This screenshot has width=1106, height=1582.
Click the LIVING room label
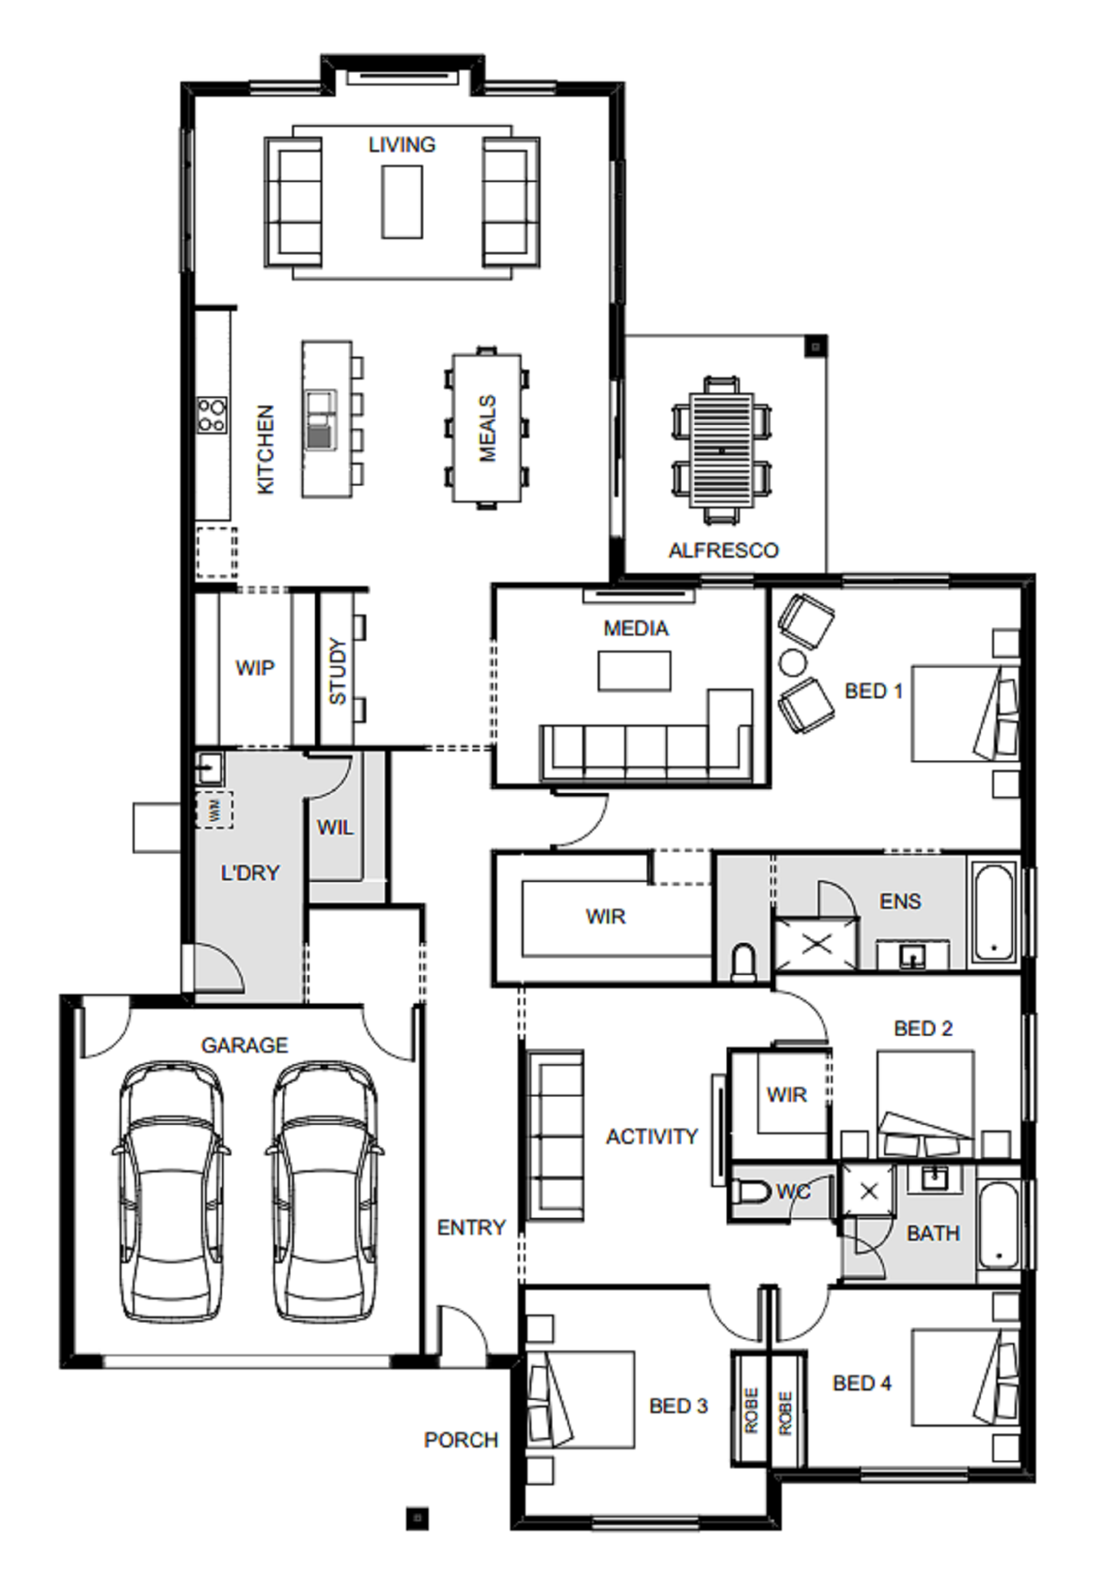pos(402,144)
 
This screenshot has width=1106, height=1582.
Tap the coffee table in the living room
pos(402,201)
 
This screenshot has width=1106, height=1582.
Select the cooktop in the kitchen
pos(212,415)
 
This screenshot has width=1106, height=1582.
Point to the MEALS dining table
pos(486,427)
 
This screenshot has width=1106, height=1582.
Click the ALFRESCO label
pos(724,550)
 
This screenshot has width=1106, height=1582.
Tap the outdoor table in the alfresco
pos(721,450)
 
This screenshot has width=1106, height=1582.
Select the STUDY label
pos(338,671)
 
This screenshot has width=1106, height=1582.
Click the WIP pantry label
pos(255,668)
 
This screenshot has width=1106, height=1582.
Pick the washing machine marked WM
pos(214,809)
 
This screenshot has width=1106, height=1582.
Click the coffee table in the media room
pos(634,671)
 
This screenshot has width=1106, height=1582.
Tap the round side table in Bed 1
pos(793,662)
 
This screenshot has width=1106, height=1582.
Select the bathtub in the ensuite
pos(994,913)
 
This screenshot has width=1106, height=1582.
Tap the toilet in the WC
pos(750,1192)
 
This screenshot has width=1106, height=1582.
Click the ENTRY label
pos(472,1228)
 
